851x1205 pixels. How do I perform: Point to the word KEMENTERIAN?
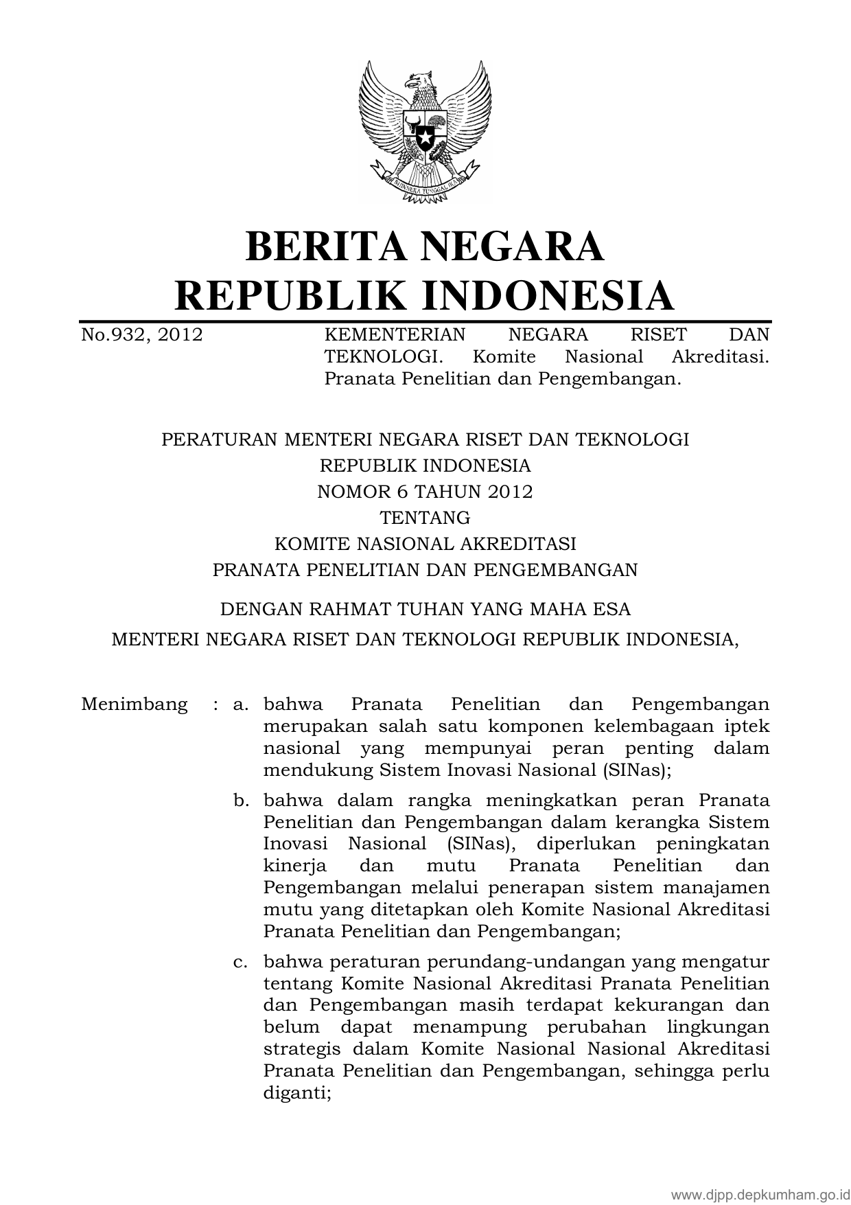[395, 335]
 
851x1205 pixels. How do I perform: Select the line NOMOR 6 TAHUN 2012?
[425, 492]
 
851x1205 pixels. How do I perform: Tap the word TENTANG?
[425, 518]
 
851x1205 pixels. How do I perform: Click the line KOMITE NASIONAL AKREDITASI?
[425, 544]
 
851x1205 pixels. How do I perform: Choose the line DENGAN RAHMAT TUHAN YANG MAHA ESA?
[425, 609]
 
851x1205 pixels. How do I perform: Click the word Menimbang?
[134, 704]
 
